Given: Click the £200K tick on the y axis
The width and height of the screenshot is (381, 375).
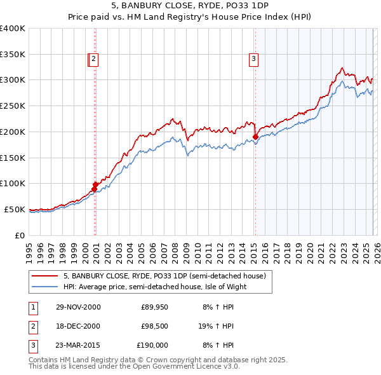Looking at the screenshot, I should coord(12,132).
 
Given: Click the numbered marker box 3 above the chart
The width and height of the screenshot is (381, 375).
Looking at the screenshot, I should coord(253,60).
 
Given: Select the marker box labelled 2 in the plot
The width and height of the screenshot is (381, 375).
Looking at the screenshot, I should coord(93,60).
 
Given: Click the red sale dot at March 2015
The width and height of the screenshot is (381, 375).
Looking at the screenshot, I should coord(255,136).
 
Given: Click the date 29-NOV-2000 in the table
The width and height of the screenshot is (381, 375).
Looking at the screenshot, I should coord(78,307).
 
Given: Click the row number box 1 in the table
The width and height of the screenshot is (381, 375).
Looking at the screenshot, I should coord(32,307).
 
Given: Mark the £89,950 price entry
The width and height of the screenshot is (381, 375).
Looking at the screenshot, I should coord(154,307).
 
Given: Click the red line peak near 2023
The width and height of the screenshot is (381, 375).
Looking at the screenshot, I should coord(342,67).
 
